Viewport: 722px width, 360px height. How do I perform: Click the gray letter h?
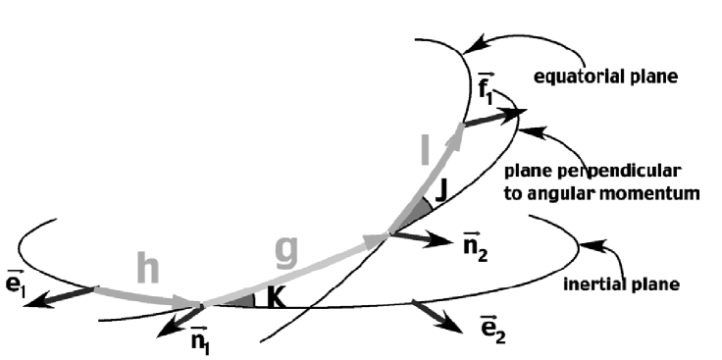point(147,266)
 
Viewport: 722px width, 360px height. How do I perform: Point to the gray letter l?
point(424,150)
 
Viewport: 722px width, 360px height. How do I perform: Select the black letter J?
point(441,192)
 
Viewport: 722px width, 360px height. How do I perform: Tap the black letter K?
point(277,297)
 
